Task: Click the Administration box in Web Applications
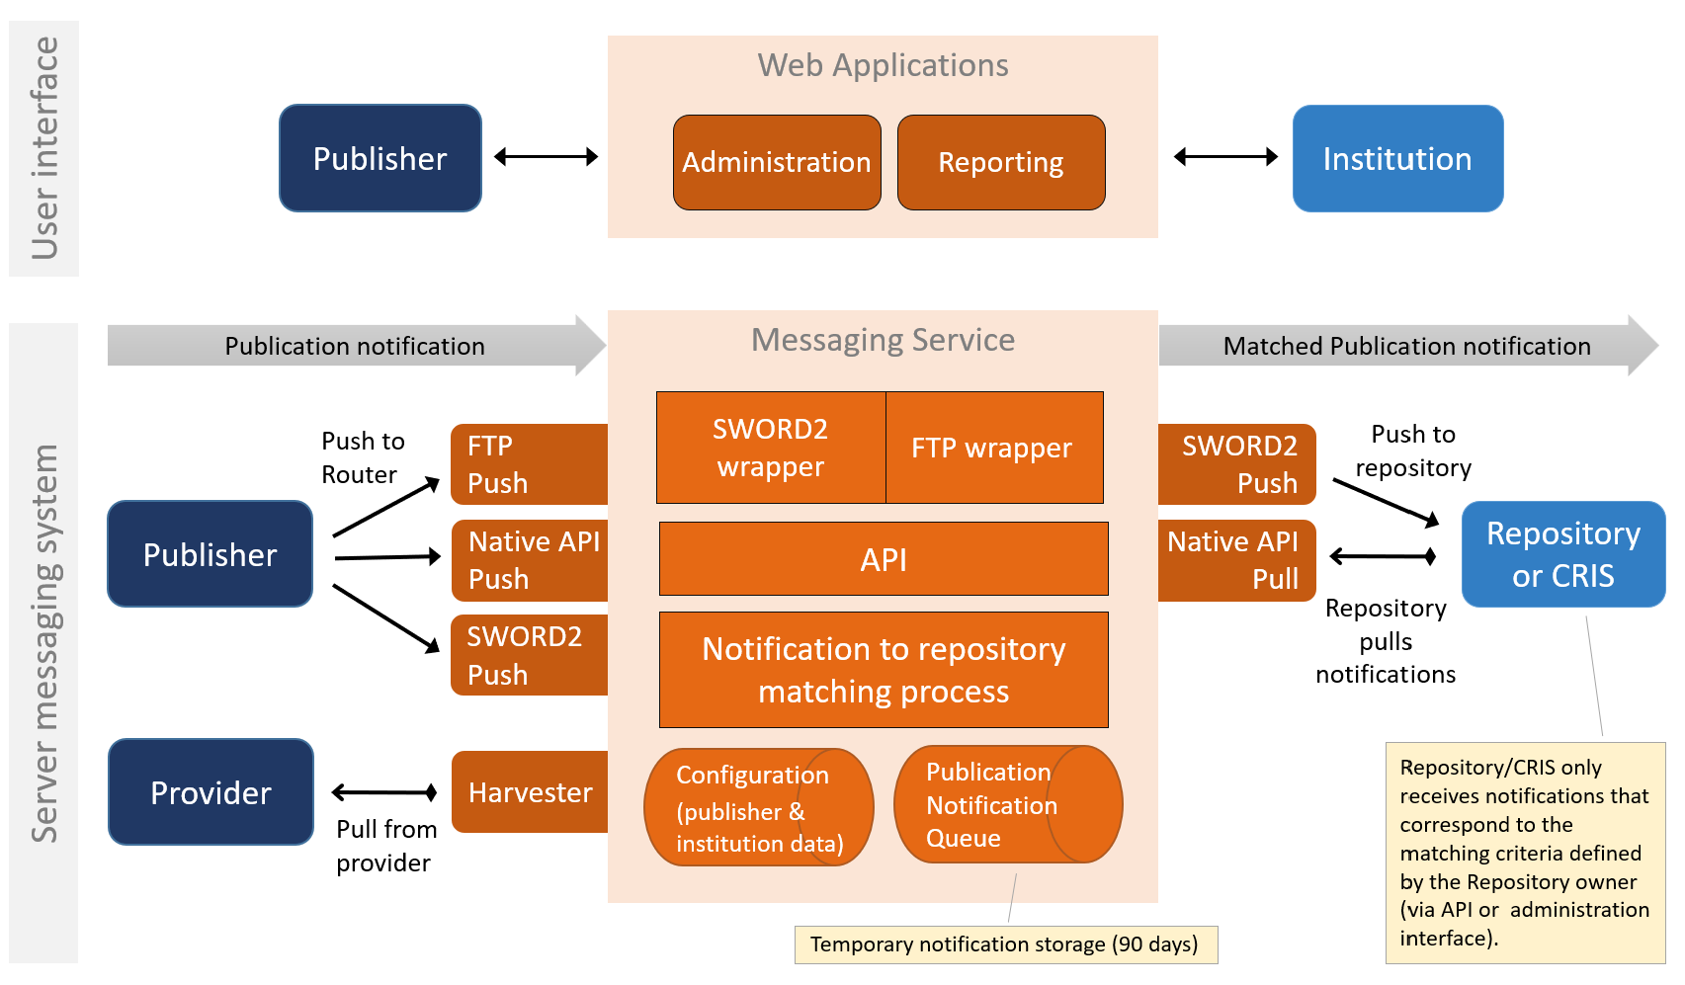pos(777,162)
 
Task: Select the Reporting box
pos(1001,162)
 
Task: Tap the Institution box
pos(1397,158)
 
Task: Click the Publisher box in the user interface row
pos(380,158)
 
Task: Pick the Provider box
pos(211,792)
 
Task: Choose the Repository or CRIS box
pos(1563,554)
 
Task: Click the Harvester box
pos(531,792)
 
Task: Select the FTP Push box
pos(530,464)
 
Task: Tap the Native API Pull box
pos(1236,560)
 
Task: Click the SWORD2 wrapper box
pos(771,448)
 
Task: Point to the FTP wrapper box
pos(993,448)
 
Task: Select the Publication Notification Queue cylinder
pos(1007,804)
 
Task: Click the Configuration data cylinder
pos(758,808)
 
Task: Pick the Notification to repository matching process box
pos(884,670)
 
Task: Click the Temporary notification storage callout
pos(1005,944)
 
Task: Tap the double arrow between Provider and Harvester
pos(384,792)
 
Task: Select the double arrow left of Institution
pos(1225,156)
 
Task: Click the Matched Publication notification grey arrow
pos(1406,346)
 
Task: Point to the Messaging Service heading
pos(883,340)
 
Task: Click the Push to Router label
pos(363,457)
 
